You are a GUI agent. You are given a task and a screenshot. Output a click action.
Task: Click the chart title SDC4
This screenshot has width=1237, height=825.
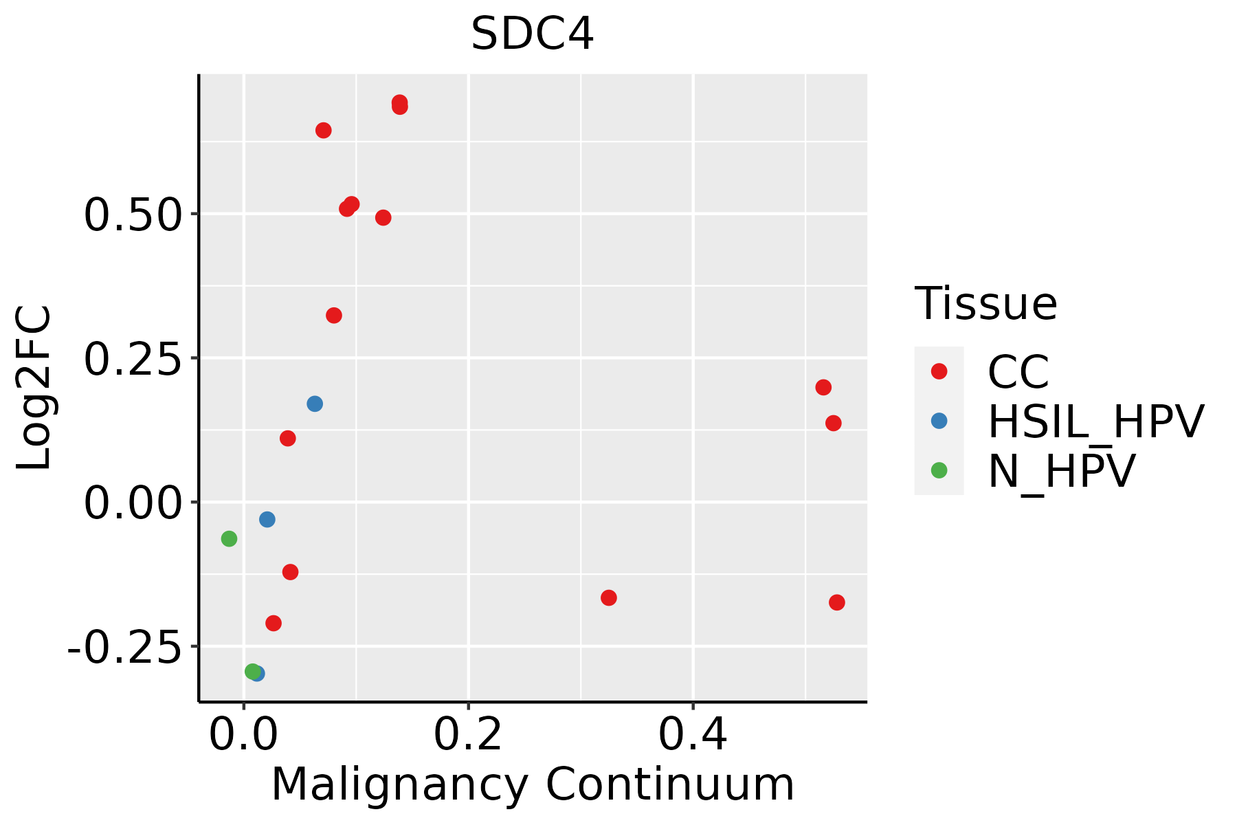click(x=532, y=34)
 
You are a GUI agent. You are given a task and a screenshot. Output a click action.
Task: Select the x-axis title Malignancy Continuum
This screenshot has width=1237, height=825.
click(x=533, y=785)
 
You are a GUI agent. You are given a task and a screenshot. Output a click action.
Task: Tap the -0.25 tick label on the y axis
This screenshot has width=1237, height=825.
click(x=124, y=647)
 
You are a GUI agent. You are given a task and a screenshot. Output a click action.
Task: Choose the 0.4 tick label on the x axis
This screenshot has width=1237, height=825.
click(x=693, y=735)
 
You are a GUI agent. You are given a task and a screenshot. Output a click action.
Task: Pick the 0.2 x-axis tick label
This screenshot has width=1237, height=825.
click(x=468, y=735)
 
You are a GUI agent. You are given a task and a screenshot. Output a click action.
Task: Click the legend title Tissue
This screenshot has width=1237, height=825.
click(x=985, y=303)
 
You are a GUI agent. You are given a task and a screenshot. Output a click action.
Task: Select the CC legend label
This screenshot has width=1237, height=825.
click(x=1018, y=372)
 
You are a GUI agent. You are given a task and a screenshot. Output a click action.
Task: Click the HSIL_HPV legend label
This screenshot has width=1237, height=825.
click(x=1095, y=421)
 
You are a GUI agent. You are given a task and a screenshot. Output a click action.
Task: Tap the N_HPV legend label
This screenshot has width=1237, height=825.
click(x=1061, y=471)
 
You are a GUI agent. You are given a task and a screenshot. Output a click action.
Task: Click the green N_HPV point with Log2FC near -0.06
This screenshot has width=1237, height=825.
click(x=229, y=539)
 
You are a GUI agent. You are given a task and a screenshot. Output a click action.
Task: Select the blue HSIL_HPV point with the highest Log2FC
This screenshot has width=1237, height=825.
click(x=315, y=404)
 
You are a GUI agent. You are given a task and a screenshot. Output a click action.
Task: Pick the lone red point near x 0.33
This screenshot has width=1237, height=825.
click(x=608, y=597)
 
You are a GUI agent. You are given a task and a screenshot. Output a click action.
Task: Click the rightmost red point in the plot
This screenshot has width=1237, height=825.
click(x=836, y=602)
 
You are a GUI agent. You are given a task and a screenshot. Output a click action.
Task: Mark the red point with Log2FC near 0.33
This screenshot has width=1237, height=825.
click(x=334, y=316)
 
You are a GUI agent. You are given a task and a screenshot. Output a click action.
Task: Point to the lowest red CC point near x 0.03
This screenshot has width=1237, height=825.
click(x=274, y=623)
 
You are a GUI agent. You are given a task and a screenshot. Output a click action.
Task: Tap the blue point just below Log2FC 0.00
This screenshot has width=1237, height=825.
click(x=267, y=519)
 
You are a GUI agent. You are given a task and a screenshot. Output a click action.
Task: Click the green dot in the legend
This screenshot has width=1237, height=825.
click(x=939, y=470)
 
